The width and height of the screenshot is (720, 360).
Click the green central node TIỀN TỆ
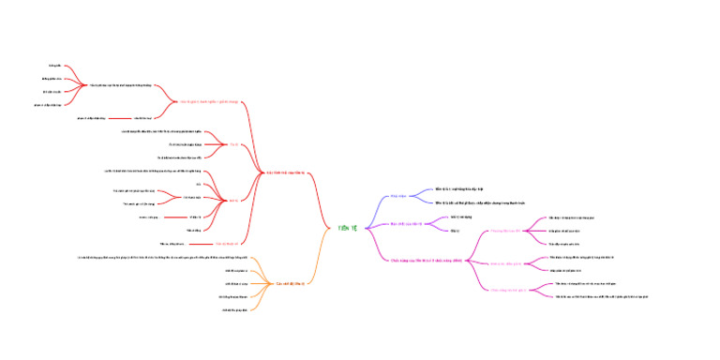pos(348,228)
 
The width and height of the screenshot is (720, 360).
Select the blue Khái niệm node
pos(398,196)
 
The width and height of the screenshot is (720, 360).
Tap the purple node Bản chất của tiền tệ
pos(407,224)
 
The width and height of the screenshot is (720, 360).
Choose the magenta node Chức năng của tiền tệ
pos(426,260)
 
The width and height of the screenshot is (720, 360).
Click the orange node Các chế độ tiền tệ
pos(288,283)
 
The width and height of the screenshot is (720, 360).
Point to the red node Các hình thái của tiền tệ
pos(284,173)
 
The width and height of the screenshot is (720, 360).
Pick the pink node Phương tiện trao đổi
pos(504,230)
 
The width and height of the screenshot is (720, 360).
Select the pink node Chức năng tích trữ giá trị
pos(505,291)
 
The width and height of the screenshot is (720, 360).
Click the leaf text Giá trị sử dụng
pos(460,217)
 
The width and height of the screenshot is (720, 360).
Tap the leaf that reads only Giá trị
pos(455,230)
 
